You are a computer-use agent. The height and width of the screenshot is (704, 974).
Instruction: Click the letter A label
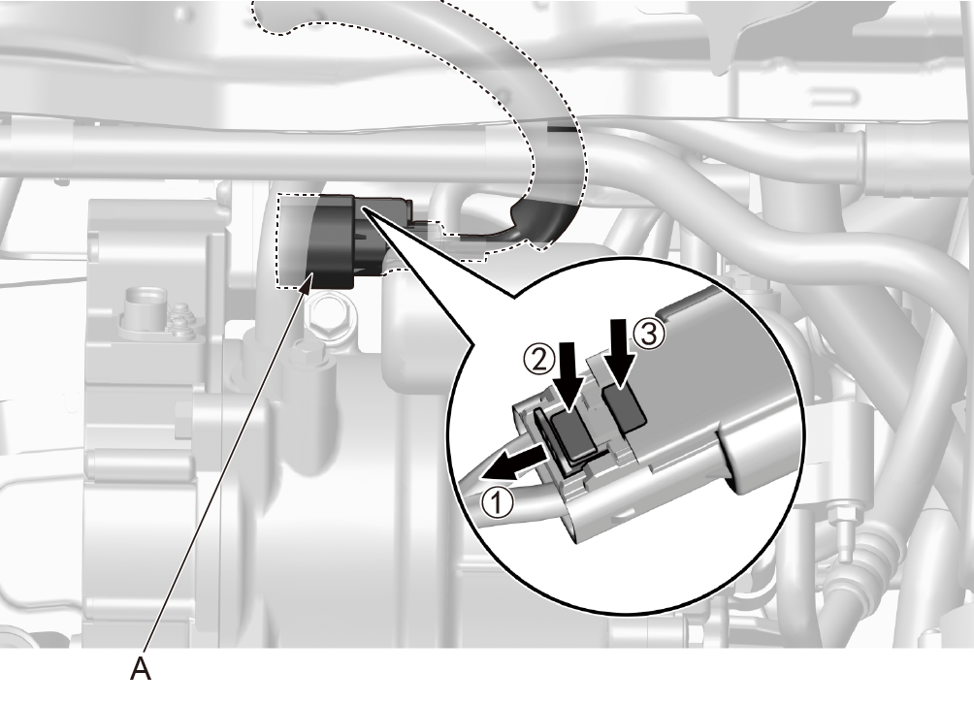141,669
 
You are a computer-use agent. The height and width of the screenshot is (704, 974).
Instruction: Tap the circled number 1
499,502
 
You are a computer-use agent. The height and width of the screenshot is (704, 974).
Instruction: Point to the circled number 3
649,335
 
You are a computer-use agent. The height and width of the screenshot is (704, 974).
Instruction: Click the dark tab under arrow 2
572,435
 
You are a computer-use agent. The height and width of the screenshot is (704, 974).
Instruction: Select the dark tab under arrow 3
625,407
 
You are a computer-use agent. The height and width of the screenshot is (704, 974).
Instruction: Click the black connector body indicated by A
333,241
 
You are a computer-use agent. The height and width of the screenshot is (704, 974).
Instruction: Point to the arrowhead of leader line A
308,280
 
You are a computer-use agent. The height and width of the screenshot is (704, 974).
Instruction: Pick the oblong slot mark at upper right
833,97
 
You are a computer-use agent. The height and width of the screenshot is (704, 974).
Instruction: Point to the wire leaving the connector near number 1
491,496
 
